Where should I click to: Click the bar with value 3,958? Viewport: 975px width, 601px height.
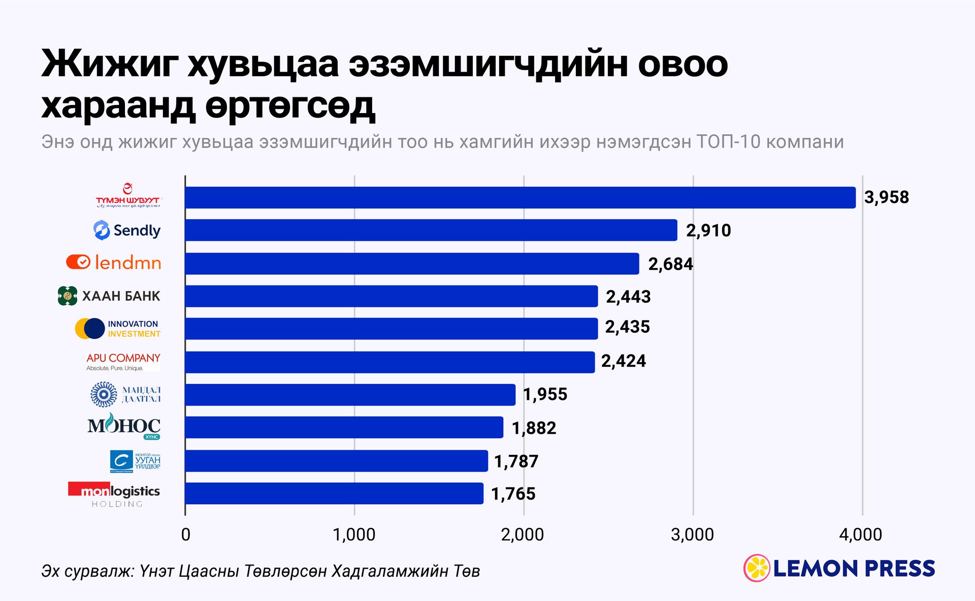520,197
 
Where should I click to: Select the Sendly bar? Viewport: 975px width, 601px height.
431,230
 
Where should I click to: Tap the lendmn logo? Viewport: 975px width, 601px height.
114,262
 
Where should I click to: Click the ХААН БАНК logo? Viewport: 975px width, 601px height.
109,296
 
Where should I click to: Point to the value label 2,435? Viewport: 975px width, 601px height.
627,327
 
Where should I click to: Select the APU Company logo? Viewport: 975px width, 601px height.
123,362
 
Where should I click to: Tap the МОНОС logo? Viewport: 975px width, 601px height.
124,426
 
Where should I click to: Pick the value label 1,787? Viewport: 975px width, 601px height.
516,462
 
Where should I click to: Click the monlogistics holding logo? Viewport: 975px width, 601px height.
114,494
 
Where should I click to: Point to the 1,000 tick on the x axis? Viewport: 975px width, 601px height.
354,535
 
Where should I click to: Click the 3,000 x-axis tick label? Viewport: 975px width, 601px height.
693,535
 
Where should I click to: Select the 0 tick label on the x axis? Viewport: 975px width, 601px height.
186,535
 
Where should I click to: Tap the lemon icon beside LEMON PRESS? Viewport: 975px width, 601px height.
757,568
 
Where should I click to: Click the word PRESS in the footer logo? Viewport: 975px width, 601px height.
899,569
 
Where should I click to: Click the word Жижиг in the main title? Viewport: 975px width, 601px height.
110,64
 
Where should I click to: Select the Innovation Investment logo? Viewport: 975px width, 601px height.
118,329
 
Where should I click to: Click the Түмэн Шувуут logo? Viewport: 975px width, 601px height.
128,196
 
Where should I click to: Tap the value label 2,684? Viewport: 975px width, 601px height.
670,264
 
